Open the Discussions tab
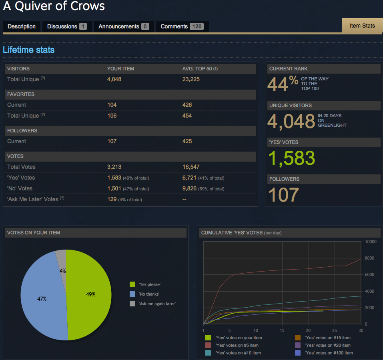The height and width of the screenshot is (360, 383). tap(67, 26)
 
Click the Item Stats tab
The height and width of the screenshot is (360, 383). tap(362, 26)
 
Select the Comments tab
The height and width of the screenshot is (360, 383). tap(182, 26)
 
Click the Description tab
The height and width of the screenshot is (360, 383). tap(22, 26)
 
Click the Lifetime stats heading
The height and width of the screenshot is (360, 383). tap(28, 50)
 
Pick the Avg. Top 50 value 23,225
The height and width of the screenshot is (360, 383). tap(191, 79)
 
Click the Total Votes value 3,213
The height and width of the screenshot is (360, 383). tap(114, 167)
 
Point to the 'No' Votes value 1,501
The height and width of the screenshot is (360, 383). tap(114, 188)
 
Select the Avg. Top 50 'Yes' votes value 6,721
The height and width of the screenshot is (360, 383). tap(189, 178)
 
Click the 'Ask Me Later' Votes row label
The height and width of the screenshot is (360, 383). tap(33, 199)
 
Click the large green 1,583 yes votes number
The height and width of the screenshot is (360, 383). tap(291, 158)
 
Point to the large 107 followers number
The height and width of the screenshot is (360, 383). tap(283, 195)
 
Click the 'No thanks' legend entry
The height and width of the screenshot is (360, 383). tap(148, 294)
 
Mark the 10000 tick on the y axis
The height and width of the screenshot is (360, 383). tap(370, 242)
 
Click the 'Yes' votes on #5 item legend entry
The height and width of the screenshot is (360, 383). tap(237, 345)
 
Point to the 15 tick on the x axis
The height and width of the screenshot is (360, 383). tap(282, 330)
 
